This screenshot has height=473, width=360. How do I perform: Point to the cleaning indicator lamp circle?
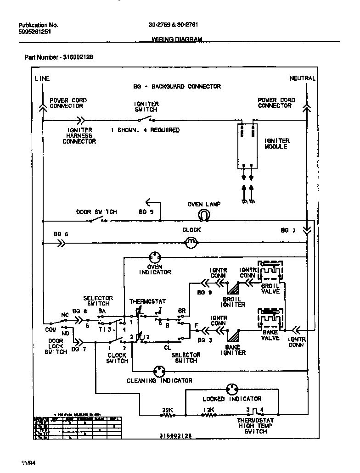point(159,371)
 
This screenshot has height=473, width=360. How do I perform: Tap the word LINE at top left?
point(42,78)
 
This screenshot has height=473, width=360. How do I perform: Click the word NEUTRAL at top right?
point(302,78)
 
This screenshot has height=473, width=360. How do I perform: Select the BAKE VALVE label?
point(270,335)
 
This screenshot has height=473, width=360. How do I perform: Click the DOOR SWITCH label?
point(96,212)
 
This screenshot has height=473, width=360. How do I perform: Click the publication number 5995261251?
point(35,33)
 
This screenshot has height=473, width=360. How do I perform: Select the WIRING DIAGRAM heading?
point(177,39)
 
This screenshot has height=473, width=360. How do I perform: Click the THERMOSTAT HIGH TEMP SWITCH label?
point(255,426)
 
